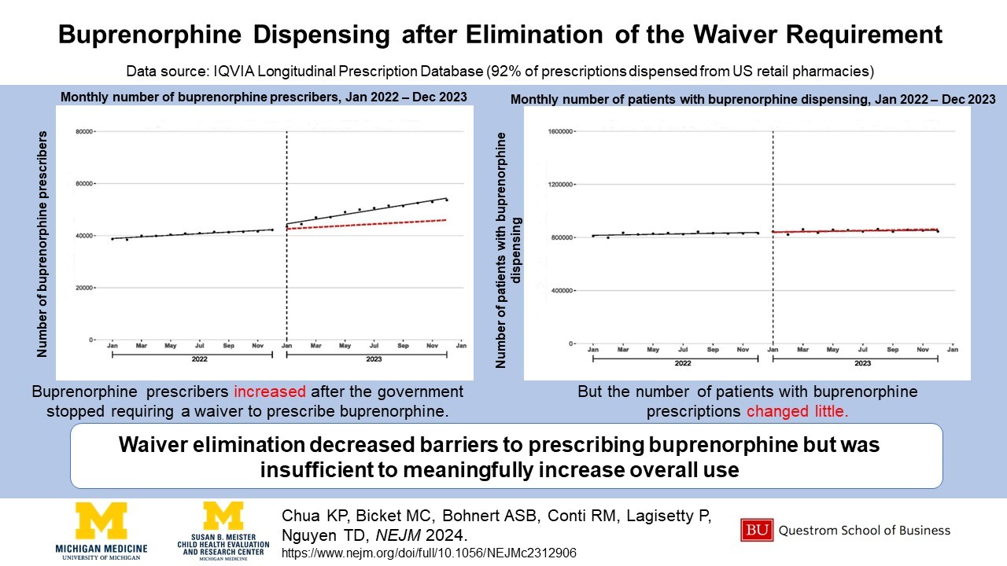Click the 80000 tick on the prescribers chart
coord(83,131)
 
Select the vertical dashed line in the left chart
coord(286,236)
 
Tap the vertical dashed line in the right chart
coord(773,236)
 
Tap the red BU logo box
coord(757,531)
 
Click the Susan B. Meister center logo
coord(223,531)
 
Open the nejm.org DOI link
coord(429,553)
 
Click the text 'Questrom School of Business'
coord(864,531)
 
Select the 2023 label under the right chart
coord(863,364)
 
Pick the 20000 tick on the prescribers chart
coord(83,288)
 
